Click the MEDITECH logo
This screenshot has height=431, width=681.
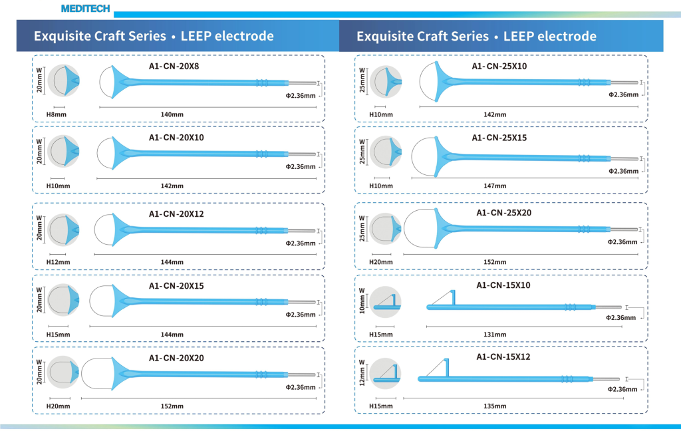pyautogui.click(x=85, y=9)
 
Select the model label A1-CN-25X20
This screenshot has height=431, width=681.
pyautogui.click(x=503, y=213)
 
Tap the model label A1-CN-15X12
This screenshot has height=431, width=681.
pyautogui.click(x=503, y=357)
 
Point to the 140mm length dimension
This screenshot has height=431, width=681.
pyautogui.click(x=172, y=114)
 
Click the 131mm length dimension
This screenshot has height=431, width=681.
pyautogui.click(x=495, y=334)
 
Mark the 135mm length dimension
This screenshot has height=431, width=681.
pyautogui.click(x=495, y=406)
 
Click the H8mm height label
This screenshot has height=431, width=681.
pyautogui.click(x=55, y=114)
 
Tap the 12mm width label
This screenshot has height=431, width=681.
pyautogui.click(x=362, y=373)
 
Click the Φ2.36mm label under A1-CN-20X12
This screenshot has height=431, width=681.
pyautogui.click(x=301, y=243)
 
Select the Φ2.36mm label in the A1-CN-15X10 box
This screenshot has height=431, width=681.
pyautogui.click(x=621, y=318)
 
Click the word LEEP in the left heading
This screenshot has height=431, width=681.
pyautogui.click(x=200, y=36)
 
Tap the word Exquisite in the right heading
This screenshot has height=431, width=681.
pyautogui.click(x=388, y=36)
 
